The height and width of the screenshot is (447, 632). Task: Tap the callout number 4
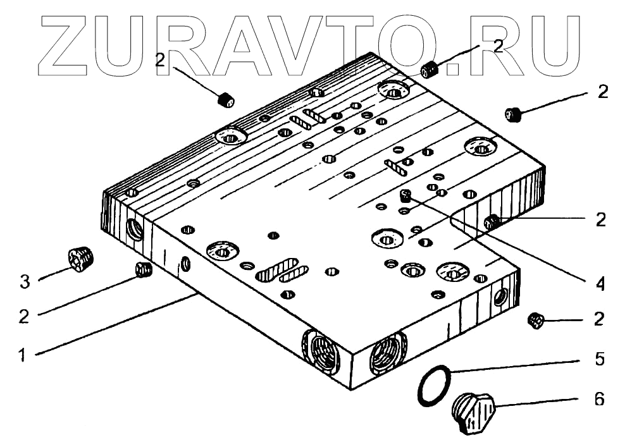coord(600,284)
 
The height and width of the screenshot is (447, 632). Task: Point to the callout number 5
coord(600,359)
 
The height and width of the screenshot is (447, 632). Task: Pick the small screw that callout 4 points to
coord(406,197)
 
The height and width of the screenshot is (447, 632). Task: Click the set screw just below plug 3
coord(144,271)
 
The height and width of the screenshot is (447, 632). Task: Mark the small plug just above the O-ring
coord(535,321)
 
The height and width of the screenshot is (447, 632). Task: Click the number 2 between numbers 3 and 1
coord(25,317)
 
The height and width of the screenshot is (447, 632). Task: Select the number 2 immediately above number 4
coord(600,219)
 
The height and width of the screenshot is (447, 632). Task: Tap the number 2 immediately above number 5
coord(600,319)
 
